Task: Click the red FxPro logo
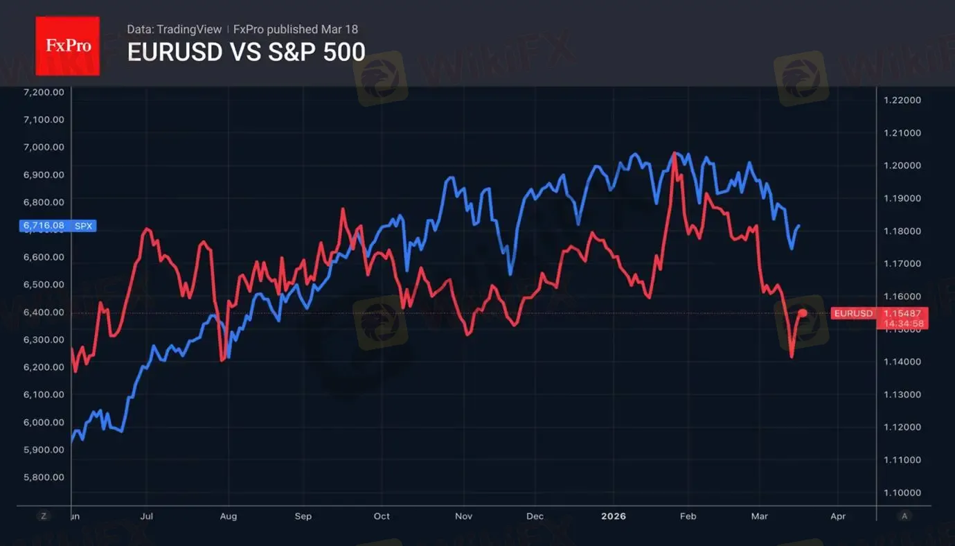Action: point(67,46)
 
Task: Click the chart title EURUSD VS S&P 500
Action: point(246,52)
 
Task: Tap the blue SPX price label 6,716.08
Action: point(58,225)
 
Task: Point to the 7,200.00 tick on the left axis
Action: point(44,92)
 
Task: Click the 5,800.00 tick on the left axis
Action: point(44,477)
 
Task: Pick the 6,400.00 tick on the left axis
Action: point(44,312)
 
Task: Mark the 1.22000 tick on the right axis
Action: point(902,100)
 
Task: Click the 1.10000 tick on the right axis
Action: point(902,493)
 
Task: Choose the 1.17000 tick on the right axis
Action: point(902,263)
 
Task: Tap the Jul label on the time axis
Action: point(147,516)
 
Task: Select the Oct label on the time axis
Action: point(382,516)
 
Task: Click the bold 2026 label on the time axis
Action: point(613,516)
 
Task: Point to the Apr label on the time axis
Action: point(837,516)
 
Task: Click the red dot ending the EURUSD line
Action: point(803,313)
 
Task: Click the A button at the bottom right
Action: point(903,516)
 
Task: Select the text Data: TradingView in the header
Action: point(174,29)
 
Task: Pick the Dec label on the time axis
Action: point(534,516)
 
